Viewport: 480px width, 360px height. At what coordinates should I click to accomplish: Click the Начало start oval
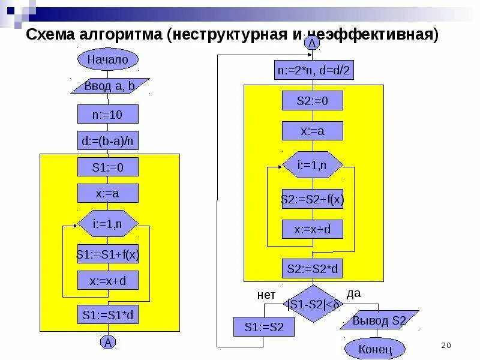coord(108,59)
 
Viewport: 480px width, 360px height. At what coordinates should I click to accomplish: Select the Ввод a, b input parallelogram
coord(109,86)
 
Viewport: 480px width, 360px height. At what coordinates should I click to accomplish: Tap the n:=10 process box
coord(108,114)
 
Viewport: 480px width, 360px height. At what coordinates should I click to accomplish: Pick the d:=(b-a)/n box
coord(108,141)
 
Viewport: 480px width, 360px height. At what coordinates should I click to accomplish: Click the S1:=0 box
coord(108,167)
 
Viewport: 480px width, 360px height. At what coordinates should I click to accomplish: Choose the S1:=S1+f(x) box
coord(108,254)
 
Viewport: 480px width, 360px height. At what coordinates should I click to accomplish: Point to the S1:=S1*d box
coord(108,314)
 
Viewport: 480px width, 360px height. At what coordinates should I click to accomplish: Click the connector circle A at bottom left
coord(108,343)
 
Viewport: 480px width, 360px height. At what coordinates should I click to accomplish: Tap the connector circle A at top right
coord(312,43)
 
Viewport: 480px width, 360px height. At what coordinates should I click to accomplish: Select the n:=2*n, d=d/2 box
coord(313,71)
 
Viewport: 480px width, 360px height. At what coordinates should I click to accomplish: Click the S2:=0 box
coord(313,101)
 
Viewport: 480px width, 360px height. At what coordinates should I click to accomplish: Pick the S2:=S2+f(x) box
coord(313,200)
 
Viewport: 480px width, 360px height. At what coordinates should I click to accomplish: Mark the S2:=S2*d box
coord(313,269)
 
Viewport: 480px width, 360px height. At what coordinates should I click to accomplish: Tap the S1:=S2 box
coord(264,327)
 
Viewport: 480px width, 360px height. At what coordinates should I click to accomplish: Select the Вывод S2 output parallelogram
coord(379,320)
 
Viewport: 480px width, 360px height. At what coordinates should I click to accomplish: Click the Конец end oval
coord(375,348)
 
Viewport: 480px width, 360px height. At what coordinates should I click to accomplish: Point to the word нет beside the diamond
coord(266,295)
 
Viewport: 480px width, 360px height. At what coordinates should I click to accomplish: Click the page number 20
coord(445,345)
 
